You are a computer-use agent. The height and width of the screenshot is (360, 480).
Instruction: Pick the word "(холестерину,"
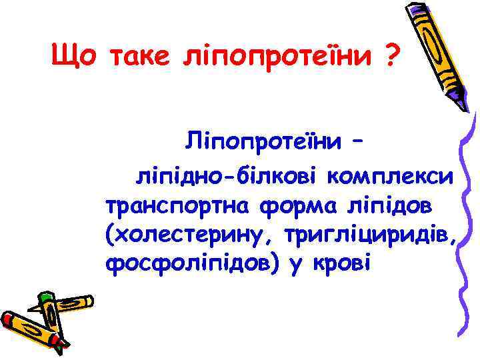click(x=190, y=235)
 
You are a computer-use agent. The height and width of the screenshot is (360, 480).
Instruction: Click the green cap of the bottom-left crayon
click(x=46, y=298)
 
